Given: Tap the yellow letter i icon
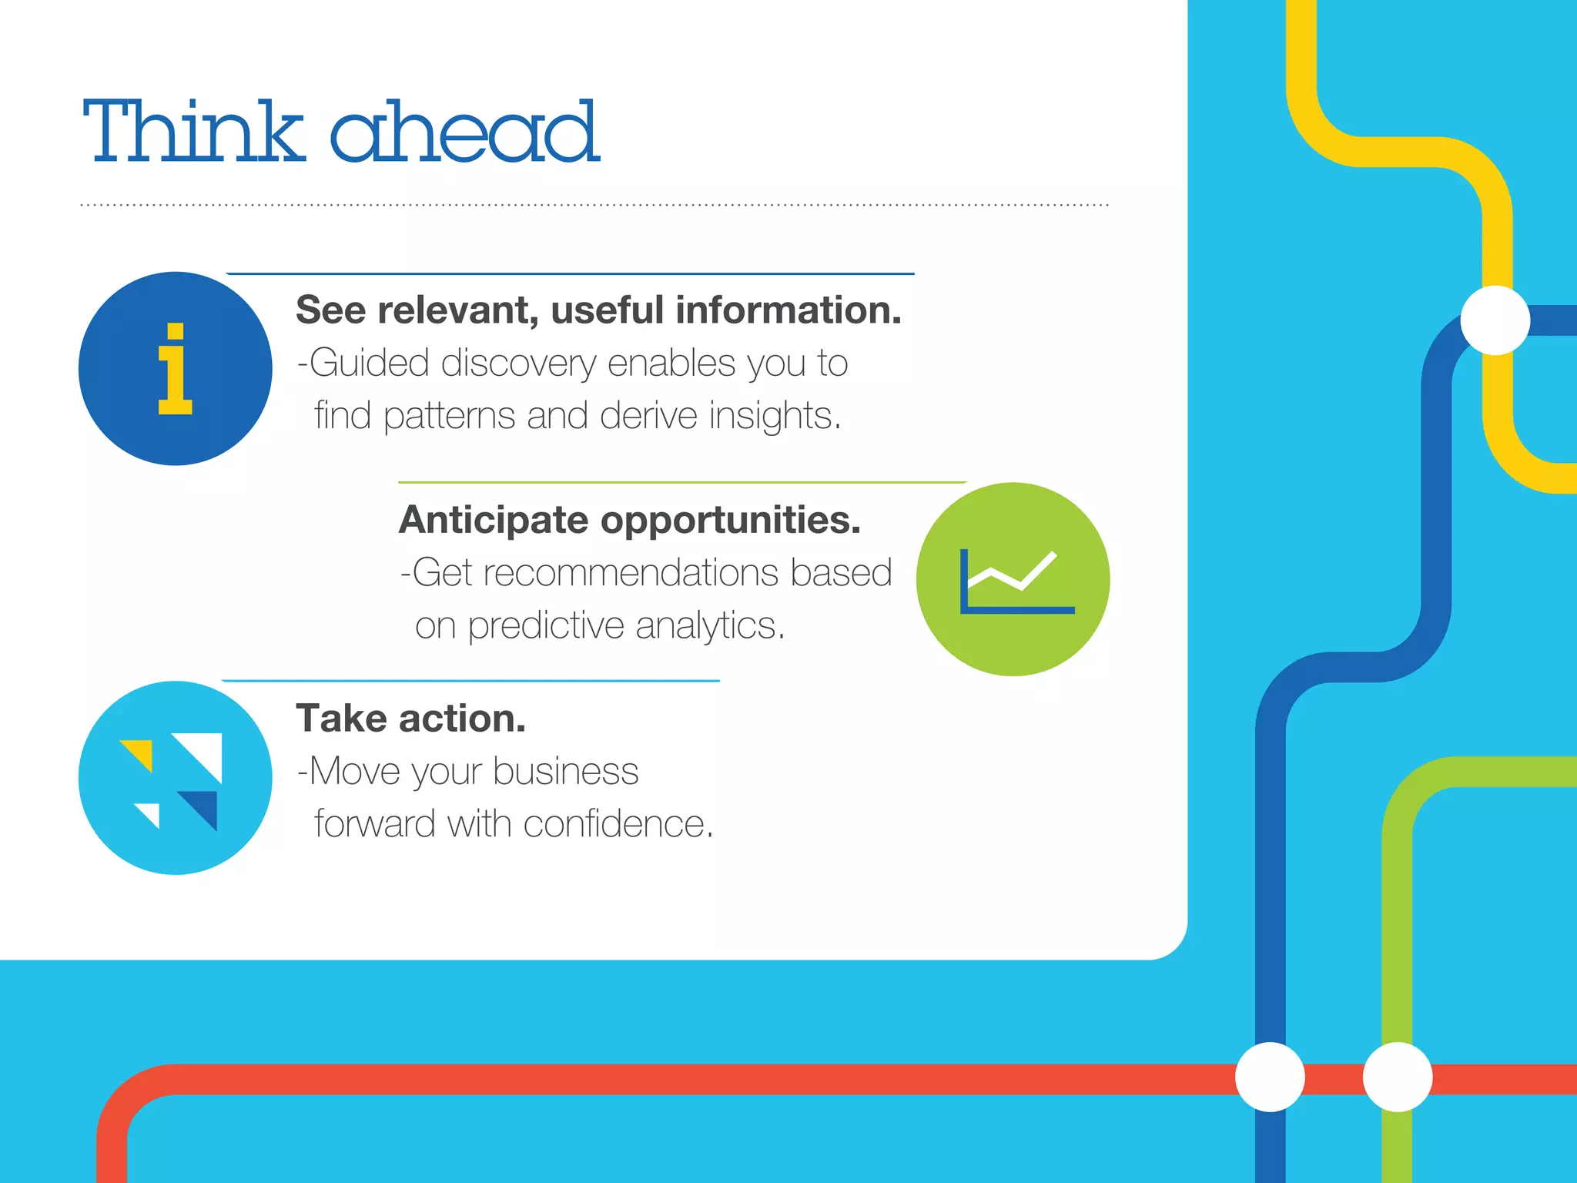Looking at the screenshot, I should click(x=175, y=369).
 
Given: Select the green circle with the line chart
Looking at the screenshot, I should click(x=1013, y=579).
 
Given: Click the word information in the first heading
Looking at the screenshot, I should click(x=788, y=310).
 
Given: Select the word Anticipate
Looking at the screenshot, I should click(x=494, y=520).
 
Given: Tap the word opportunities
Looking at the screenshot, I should click(x=730, y=520).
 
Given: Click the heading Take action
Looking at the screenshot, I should click(x=410, y=719).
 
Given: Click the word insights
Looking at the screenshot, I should click(x=774, y=416).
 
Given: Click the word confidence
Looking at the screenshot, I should click(x=618, y=824).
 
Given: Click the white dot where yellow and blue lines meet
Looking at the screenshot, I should click(x=1495, y=320).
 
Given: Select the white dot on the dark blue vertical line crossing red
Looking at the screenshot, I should click(x=1270, y=1077).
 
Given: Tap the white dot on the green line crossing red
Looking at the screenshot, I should click(x=1397, y=1077).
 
